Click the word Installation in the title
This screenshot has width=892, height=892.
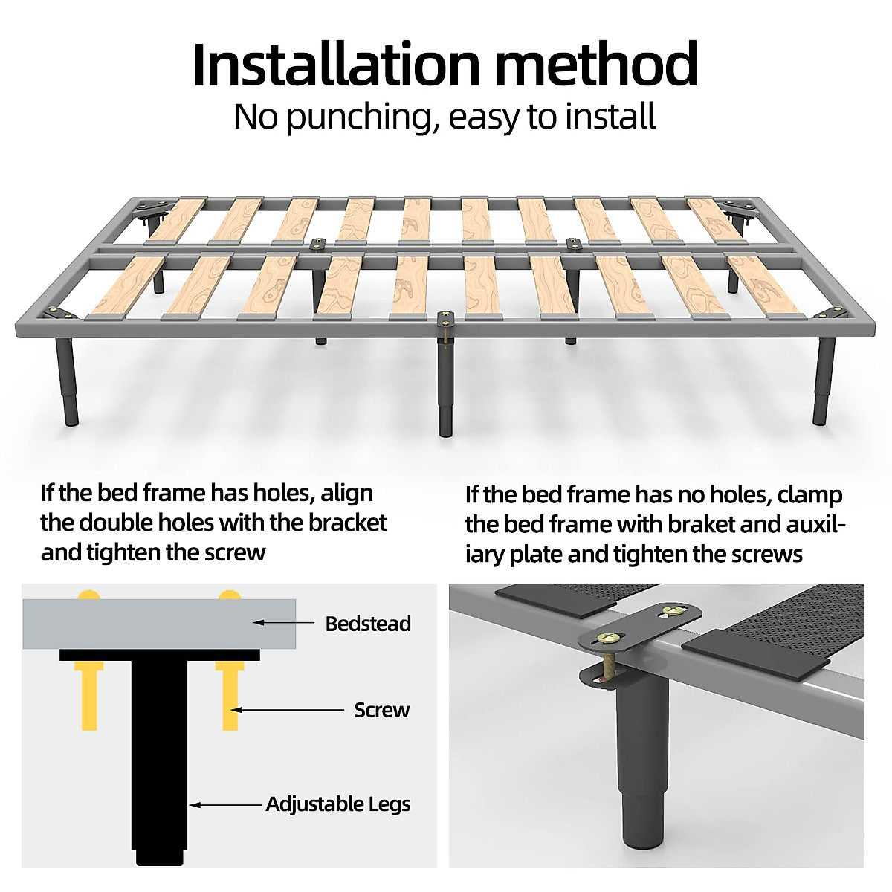pyautogui.click(x=336, y=65)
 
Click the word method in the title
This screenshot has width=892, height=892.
pyautogui.click(x=596, y=65)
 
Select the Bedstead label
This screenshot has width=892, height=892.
pyautogui.click(x=368, y=624)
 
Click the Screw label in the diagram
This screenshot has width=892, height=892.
pyautogui.click(x=382, y=710)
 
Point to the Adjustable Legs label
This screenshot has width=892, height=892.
pyautogui.click(x=338, y=804)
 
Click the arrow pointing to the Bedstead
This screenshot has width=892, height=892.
pyautogui.click(x=284, y=623)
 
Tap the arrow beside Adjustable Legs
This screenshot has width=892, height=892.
pyautogui.click(x=225, y=805)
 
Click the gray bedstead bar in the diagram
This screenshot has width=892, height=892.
pyautogui.click(x=159, y=624)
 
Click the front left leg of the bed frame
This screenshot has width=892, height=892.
pyautogui.click(x=67, y=382)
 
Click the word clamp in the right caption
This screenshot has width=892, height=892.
pyautogui.click(x=809, y=496)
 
